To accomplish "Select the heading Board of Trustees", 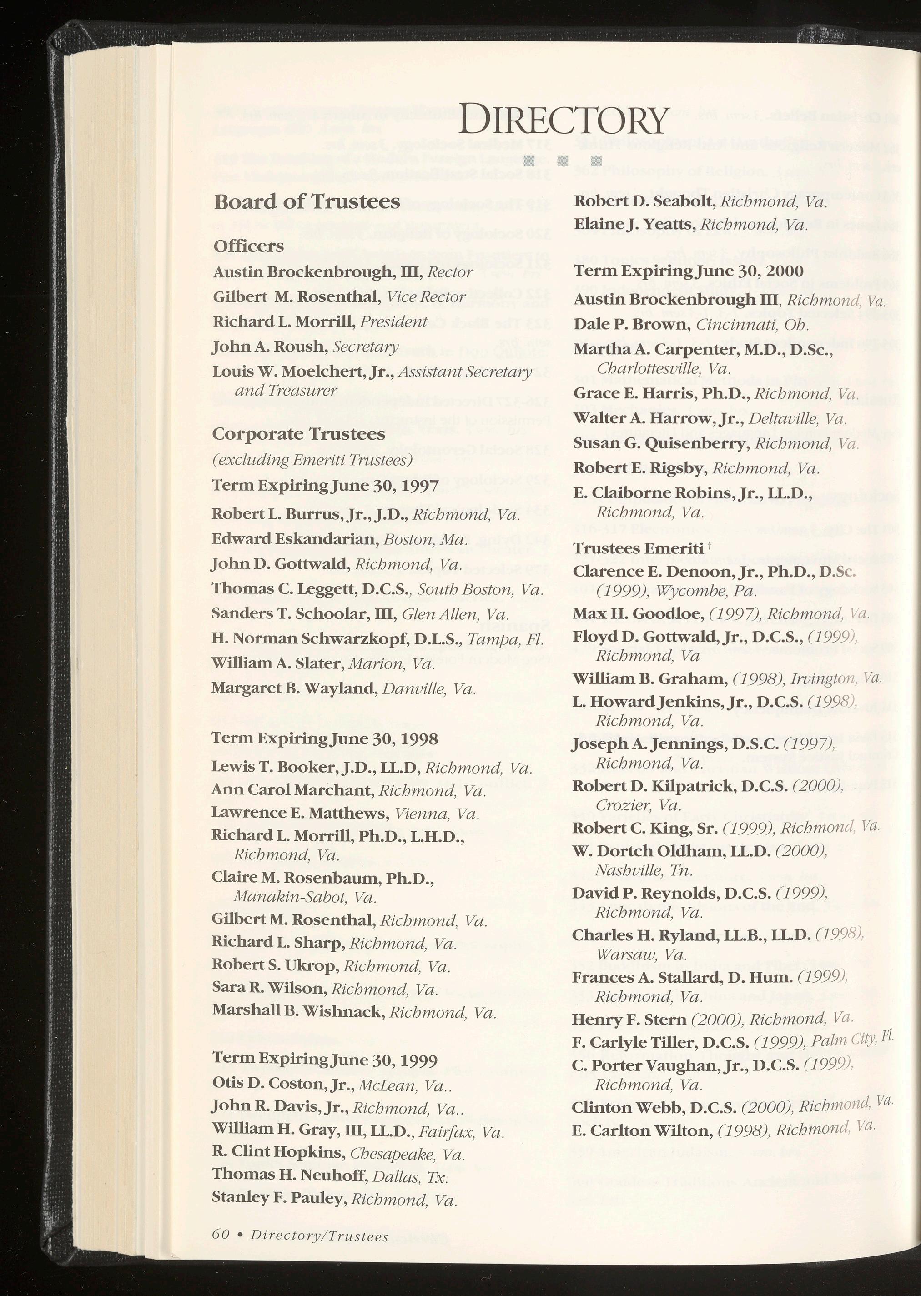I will tap(307, 202).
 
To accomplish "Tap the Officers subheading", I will tap(248, 246).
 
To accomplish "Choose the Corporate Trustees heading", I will tap(298, 434).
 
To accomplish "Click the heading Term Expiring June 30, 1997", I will tap(324, 487).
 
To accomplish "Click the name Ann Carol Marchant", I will tap(292, 790).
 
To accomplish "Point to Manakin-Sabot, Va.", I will tap(305, 898).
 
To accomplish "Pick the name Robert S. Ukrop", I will tap(276, 965).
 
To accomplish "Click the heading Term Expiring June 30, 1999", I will tap(324, 1060).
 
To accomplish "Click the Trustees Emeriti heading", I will tap(638, 548).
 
